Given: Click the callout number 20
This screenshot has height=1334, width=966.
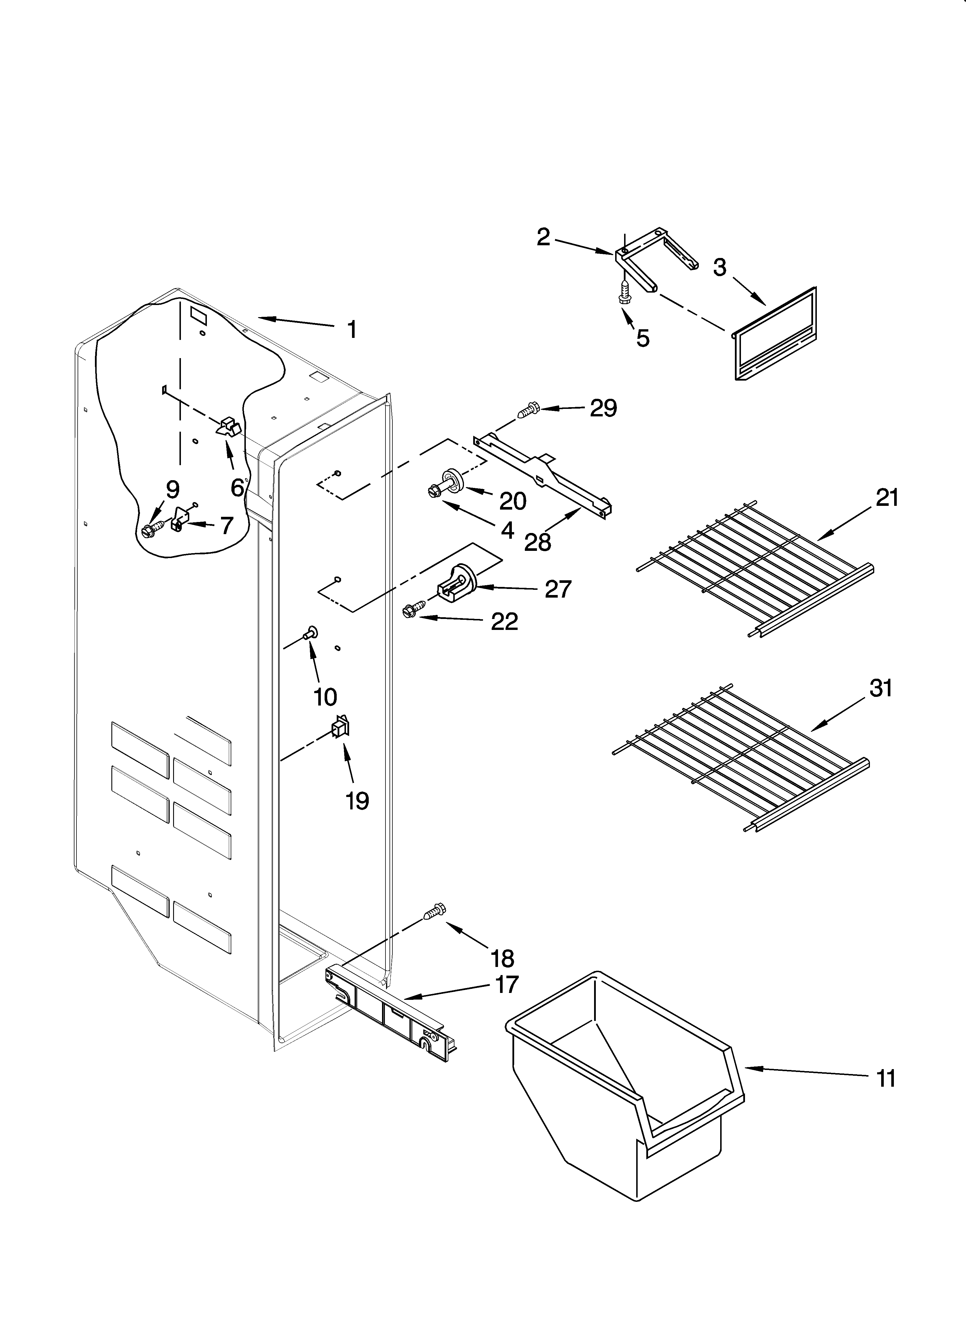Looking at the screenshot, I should (512, 501).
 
